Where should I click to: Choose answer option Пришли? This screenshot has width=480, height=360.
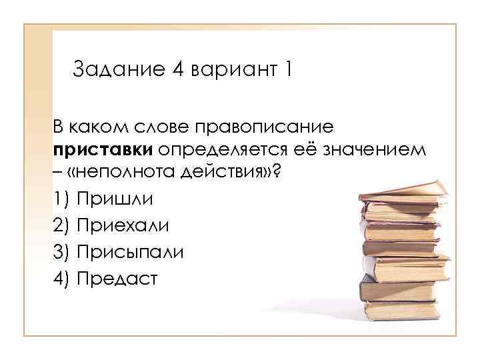pos(115,199)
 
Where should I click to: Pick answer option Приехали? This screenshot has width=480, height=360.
pos(123,225)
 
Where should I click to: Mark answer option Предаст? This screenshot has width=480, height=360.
pos(117,279)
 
